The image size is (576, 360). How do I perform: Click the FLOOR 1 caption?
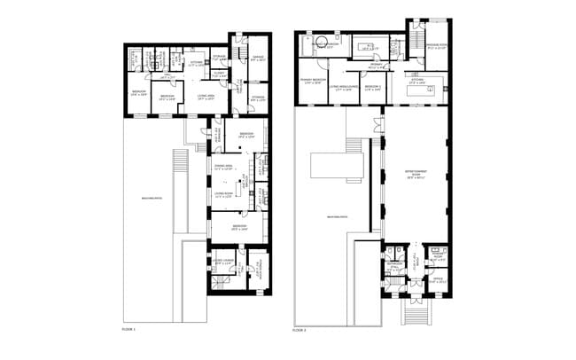pos(128,329)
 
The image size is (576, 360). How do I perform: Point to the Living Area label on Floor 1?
pos(206,96)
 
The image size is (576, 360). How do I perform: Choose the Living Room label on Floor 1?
pos(223,194)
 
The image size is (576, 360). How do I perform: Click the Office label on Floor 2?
pos(436,281)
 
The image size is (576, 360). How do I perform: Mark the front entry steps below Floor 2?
pos(415,311)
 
